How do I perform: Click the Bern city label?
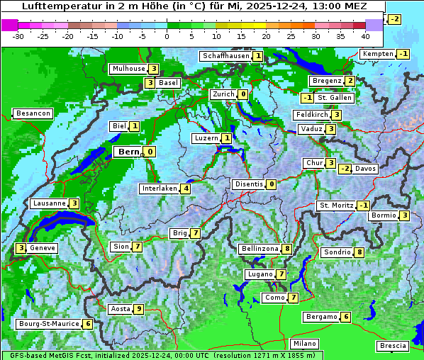pos(129,152)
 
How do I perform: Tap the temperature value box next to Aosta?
pos(139,309)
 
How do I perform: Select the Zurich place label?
pos(223,94)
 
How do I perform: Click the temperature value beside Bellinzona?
pos(286,249)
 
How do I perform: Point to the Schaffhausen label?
pos(225,56)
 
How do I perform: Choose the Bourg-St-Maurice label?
pos(48,324)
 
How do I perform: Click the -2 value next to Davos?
pos(345,169)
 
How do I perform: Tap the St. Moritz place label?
pos(336,206)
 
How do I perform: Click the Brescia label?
pos(393,346)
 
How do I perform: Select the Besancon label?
pos(33,113)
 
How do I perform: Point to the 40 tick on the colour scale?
pos(365,35)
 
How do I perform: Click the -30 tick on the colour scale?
pos(18,35)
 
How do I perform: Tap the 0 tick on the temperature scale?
pos(167,35)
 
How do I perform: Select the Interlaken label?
pos(160,189)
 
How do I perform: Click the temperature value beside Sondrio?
pos(359,252)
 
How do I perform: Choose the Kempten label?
pos(378,55)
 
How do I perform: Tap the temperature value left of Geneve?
pos(21,248)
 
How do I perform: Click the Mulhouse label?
pos(128,69)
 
